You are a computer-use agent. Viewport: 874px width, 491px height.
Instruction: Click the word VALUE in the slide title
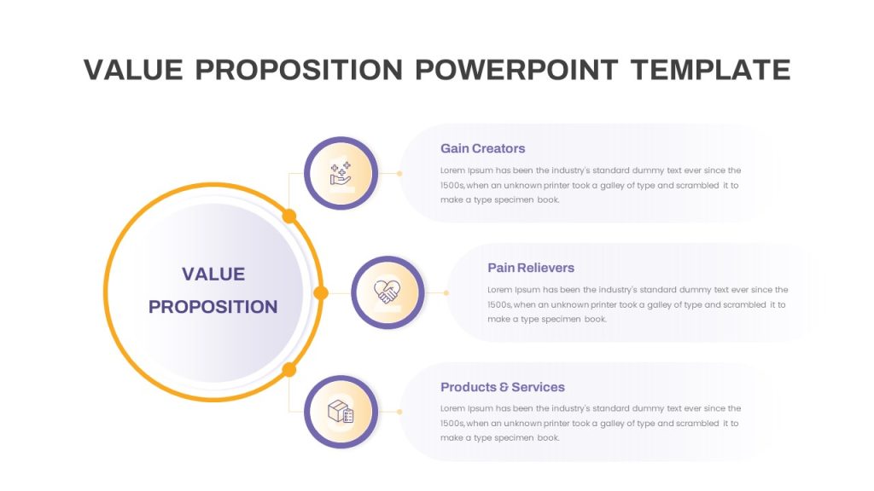(x=133, y=70)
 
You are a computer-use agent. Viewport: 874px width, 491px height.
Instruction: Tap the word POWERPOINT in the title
(x=516, y=70)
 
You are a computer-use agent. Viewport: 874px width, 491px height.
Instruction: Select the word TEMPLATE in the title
(x=711, y=70)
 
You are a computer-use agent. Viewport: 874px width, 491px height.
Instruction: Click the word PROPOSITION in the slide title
(x=299, y=70)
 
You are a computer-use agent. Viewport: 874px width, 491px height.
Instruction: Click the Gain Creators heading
(x=483, y=148)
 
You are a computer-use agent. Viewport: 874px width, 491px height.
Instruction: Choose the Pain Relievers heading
(x=531, y=268)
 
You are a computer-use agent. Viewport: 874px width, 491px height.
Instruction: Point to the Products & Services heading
(x=502, y=387)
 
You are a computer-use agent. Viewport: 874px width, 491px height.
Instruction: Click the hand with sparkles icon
(x=341, y=173)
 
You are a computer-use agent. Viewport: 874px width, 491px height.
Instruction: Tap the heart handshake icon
(x=387, y=292)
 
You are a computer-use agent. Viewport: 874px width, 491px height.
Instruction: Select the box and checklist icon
(x=341, y=412)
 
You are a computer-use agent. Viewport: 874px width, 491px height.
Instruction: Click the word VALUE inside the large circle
(x=213, y=274)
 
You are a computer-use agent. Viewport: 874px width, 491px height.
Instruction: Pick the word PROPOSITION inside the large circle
(x=213, y=307)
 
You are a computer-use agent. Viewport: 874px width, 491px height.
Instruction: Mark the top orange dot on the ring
(x=288, y=216)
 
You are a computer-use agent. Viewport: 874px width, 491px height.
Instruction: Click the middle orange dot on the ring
(x=321, y=293)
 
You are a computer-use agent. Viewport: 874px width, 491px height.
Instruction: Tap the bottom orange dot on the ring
(x=288, y=369)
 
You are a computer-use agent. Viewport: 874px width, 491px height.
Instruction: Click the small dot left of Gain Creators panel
(x=399, y=174)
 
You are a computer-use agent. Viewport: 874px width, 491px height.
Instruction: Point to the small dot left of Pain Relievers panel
(x=446, y=293)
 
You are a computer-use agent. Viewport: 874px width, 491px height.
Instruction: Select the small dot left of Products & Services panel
(x=399, y=412)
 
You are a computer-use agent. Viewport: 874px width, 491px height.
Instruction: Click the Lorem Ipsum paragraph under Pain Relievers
(x=637, y=304)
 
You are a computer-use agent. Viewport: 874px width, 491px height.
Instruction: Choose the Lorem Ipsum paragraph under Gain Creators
(x=591, y=185)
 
